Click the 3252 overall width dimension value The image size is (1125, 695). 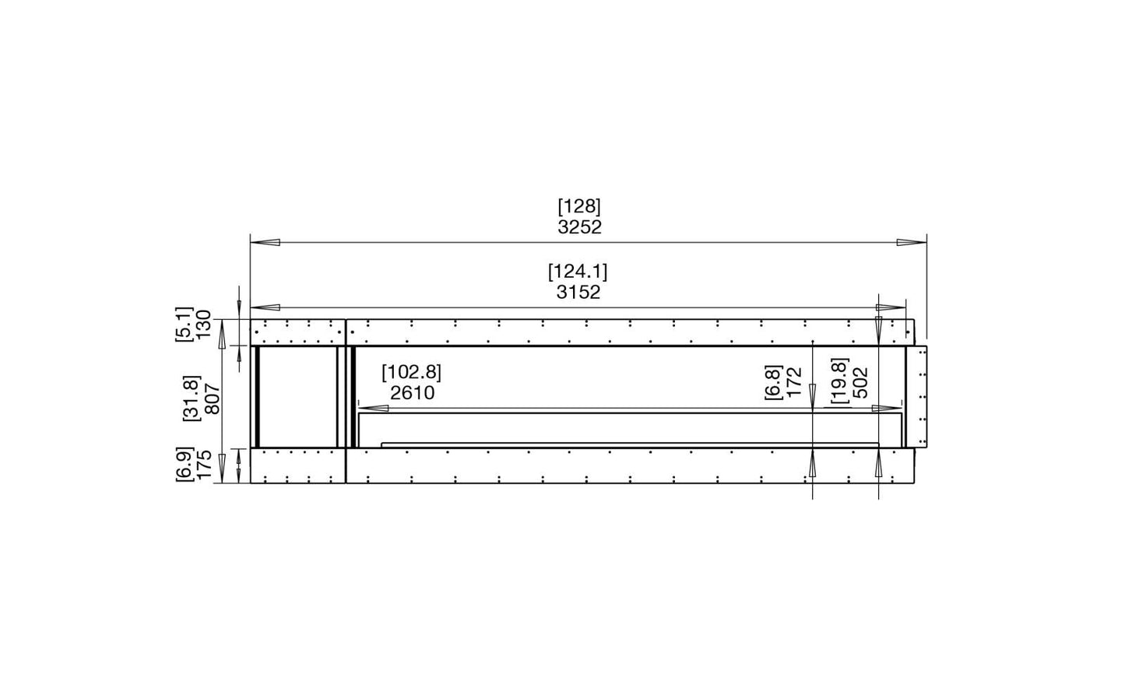(579, 227)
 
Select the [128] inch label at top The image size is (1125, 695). (579, 206)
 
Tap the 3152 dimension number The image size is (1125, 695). (578, 293)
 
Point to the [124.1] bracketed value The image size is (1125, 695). (578, 272)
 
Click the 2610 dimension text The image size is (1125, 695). (413, 393)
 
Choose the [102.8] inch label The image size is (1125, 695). (411, 373)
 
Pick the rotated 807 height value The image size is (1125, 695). (213, 398)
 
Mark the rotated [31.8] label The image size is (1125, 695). (192, 398)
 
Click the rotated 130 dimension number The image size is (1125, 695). (204, 325)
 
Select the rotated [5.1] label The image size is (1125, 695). (184, 325)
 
